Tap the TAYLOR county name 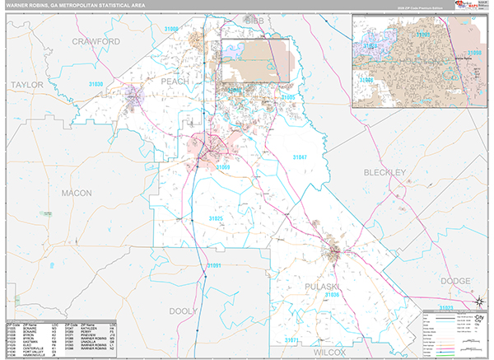click(x=26, y=85)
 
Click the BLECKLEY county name click(x=384, y=172)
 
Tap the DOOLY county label click(x=184, y=311)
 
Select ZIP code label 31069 click(x=224, y=167)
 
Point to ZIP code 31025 click(x=216, y=218)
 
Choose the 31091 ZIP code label click(x=213, y=265)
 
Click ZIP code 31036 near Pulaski click(x=333, y=294)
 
